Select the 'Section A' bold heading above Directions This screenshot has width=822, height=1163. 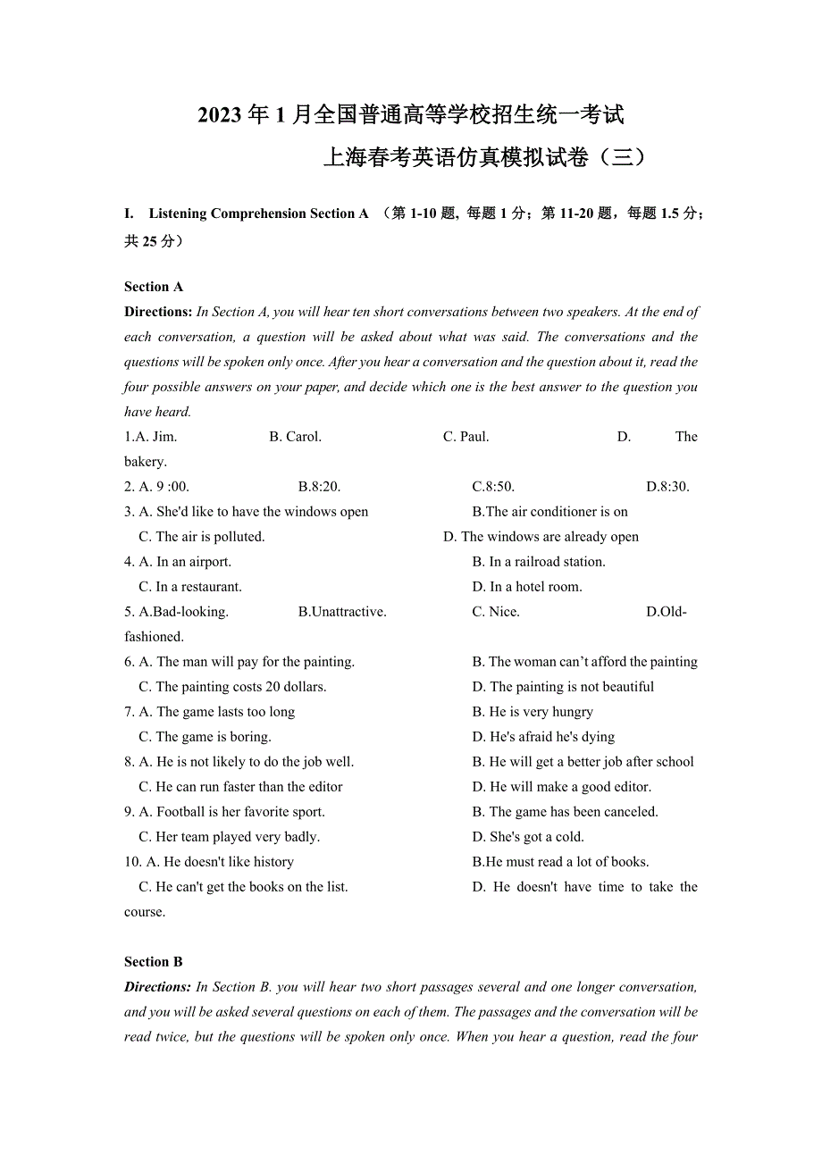pyautogui.click(x=154, y=287)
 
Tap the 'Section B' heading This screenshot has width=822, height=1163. pyautogui.click(x=154, y=962)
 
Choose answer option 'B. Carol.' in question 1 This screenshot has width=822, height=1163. pyautogui.click(x=295, y=437)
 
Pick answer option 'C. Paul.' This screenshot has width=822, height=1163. pyautogui.click(x=466, y=437)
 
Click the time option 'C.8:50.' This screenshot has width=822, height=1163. pyautogui.click(x=493, y=487)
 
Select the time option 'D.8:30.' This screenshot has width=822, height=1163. pyautogui.click(x=667, y=487)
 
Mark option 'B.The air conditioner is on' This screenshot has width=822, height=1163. pyautogui.click(x=549, y=512)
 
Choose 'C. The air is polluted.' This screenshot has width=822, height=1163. pyautogui.click(x=201, y=537)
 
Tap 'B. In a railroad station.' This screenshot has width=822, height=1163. pyautogui.click(x=539, y=562)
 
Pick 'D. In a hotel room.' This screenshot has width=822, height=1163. pyautogui.click(x=527, y=587)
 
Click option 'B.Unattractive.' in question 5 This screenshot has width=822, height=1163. pyautogui.click(x=342, y=612)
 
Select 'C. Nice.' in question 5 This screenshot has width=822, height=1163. pyautogui.click(x=496, y=612)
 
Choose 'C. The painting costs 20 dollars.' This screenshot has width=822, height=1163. pyautogui.click(x=232, y=687)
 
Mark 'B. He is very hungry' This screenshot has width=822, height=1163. pyautogui.click(x=533, y=712)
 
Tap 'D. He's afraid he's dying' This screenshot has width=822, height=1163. pyautogui.click(x=543, y=737)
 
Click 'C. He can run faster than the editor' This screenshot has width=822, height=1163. pyautogui.click(x=240, y=787)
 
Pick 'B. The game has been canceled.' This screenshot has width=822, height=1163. pyautogui.click(x=565, y=812)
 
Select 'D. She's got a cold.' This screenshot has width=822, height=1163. pyautogui.click(x=528, y=837)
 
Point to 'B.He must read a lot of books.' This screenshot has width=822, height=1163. pyautogui.click(x=560, y=862)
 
